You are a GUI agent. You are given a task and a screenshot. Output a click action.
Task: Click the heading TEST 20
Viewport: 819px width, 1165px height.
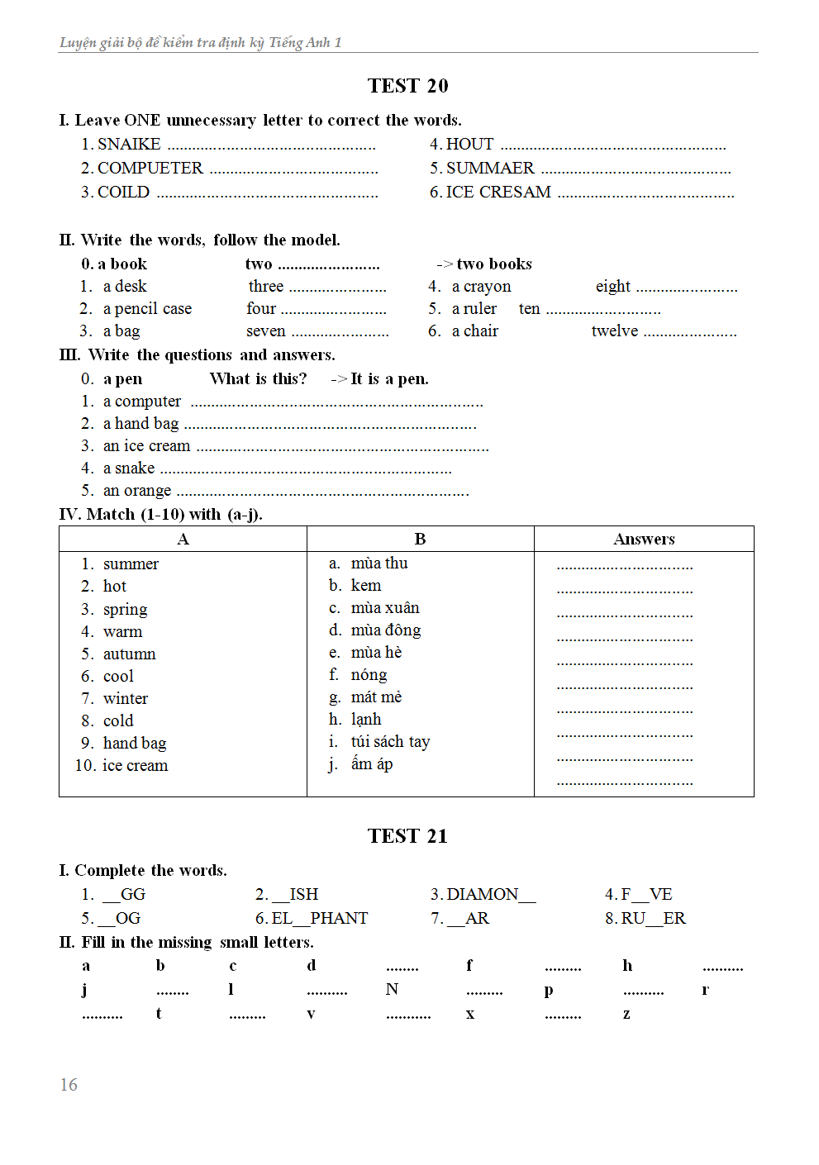pos(407,86)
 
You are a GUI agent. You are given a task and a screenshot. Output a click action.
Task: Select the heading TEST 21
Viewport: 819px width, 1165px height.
pos(407,836)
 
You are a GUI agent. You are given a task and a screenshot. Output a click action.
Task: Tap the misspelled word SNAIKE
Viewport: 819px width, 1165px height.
pos(129,145)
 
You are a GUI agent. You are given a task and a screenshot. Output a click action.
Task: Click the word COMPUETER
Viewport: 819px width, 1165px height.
pos(150,169)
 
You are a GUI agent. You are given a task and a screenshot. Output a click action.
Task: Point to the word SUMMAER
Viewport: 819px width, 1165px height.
pos(490,169)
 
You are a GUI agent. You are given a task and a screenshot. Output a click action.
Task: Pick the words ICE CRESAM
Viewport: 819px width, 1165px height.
pos(498,193)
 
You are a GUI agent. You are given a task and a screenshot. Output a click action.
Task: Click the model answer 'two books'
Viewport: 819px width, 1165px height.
pos(493,264)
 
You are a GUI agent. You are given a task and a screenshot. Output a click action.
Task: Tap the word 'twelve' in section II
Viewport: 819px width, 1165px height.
pos(615,331)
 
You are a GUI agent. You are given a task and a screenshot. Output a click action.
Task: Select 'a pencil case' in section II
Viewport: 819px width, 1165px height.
pos(147,309)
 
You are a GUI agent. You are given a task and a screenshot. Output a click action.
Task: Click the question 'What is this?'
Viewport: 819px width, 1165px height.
pos(258,379)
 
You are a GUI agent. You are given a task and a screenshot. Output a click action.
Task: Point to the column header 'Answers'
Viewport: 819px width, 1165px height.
pos(644,540)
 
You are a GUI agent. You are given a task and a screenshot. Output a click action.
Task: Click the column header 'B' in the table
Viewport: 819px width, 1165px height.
pos(420,540)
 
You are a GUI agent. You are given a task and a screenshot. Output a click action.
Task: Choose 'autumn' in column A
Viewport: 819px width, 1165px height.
pos(129,654)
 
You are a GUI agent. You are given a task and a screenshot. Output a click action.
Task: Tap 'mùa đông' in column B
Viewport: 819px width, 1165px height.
pos(386,630)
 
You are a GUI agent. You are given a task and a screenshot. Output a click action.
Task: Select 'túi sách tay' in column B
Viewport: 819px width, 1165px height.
pos(390,742)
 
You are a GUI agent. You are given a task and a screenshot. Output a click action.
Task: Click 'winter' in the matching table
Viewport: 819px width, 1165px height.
pos(126,699)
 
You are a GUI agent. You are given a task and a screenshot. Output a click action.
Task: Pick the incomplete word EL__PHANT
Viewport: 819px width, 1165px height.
pos(320,919)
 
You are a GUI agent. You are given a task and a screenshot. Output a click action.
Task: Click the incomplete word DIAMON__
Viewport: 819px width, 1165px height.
pos(491,895)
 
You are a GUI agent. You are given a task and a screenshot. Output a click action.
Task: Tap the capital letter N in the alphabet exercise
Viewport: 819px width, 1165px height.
pos(392,990)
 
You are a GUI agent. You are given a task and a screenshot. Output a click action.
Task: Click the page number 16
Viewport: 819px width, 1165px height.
pos(69,1085)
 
